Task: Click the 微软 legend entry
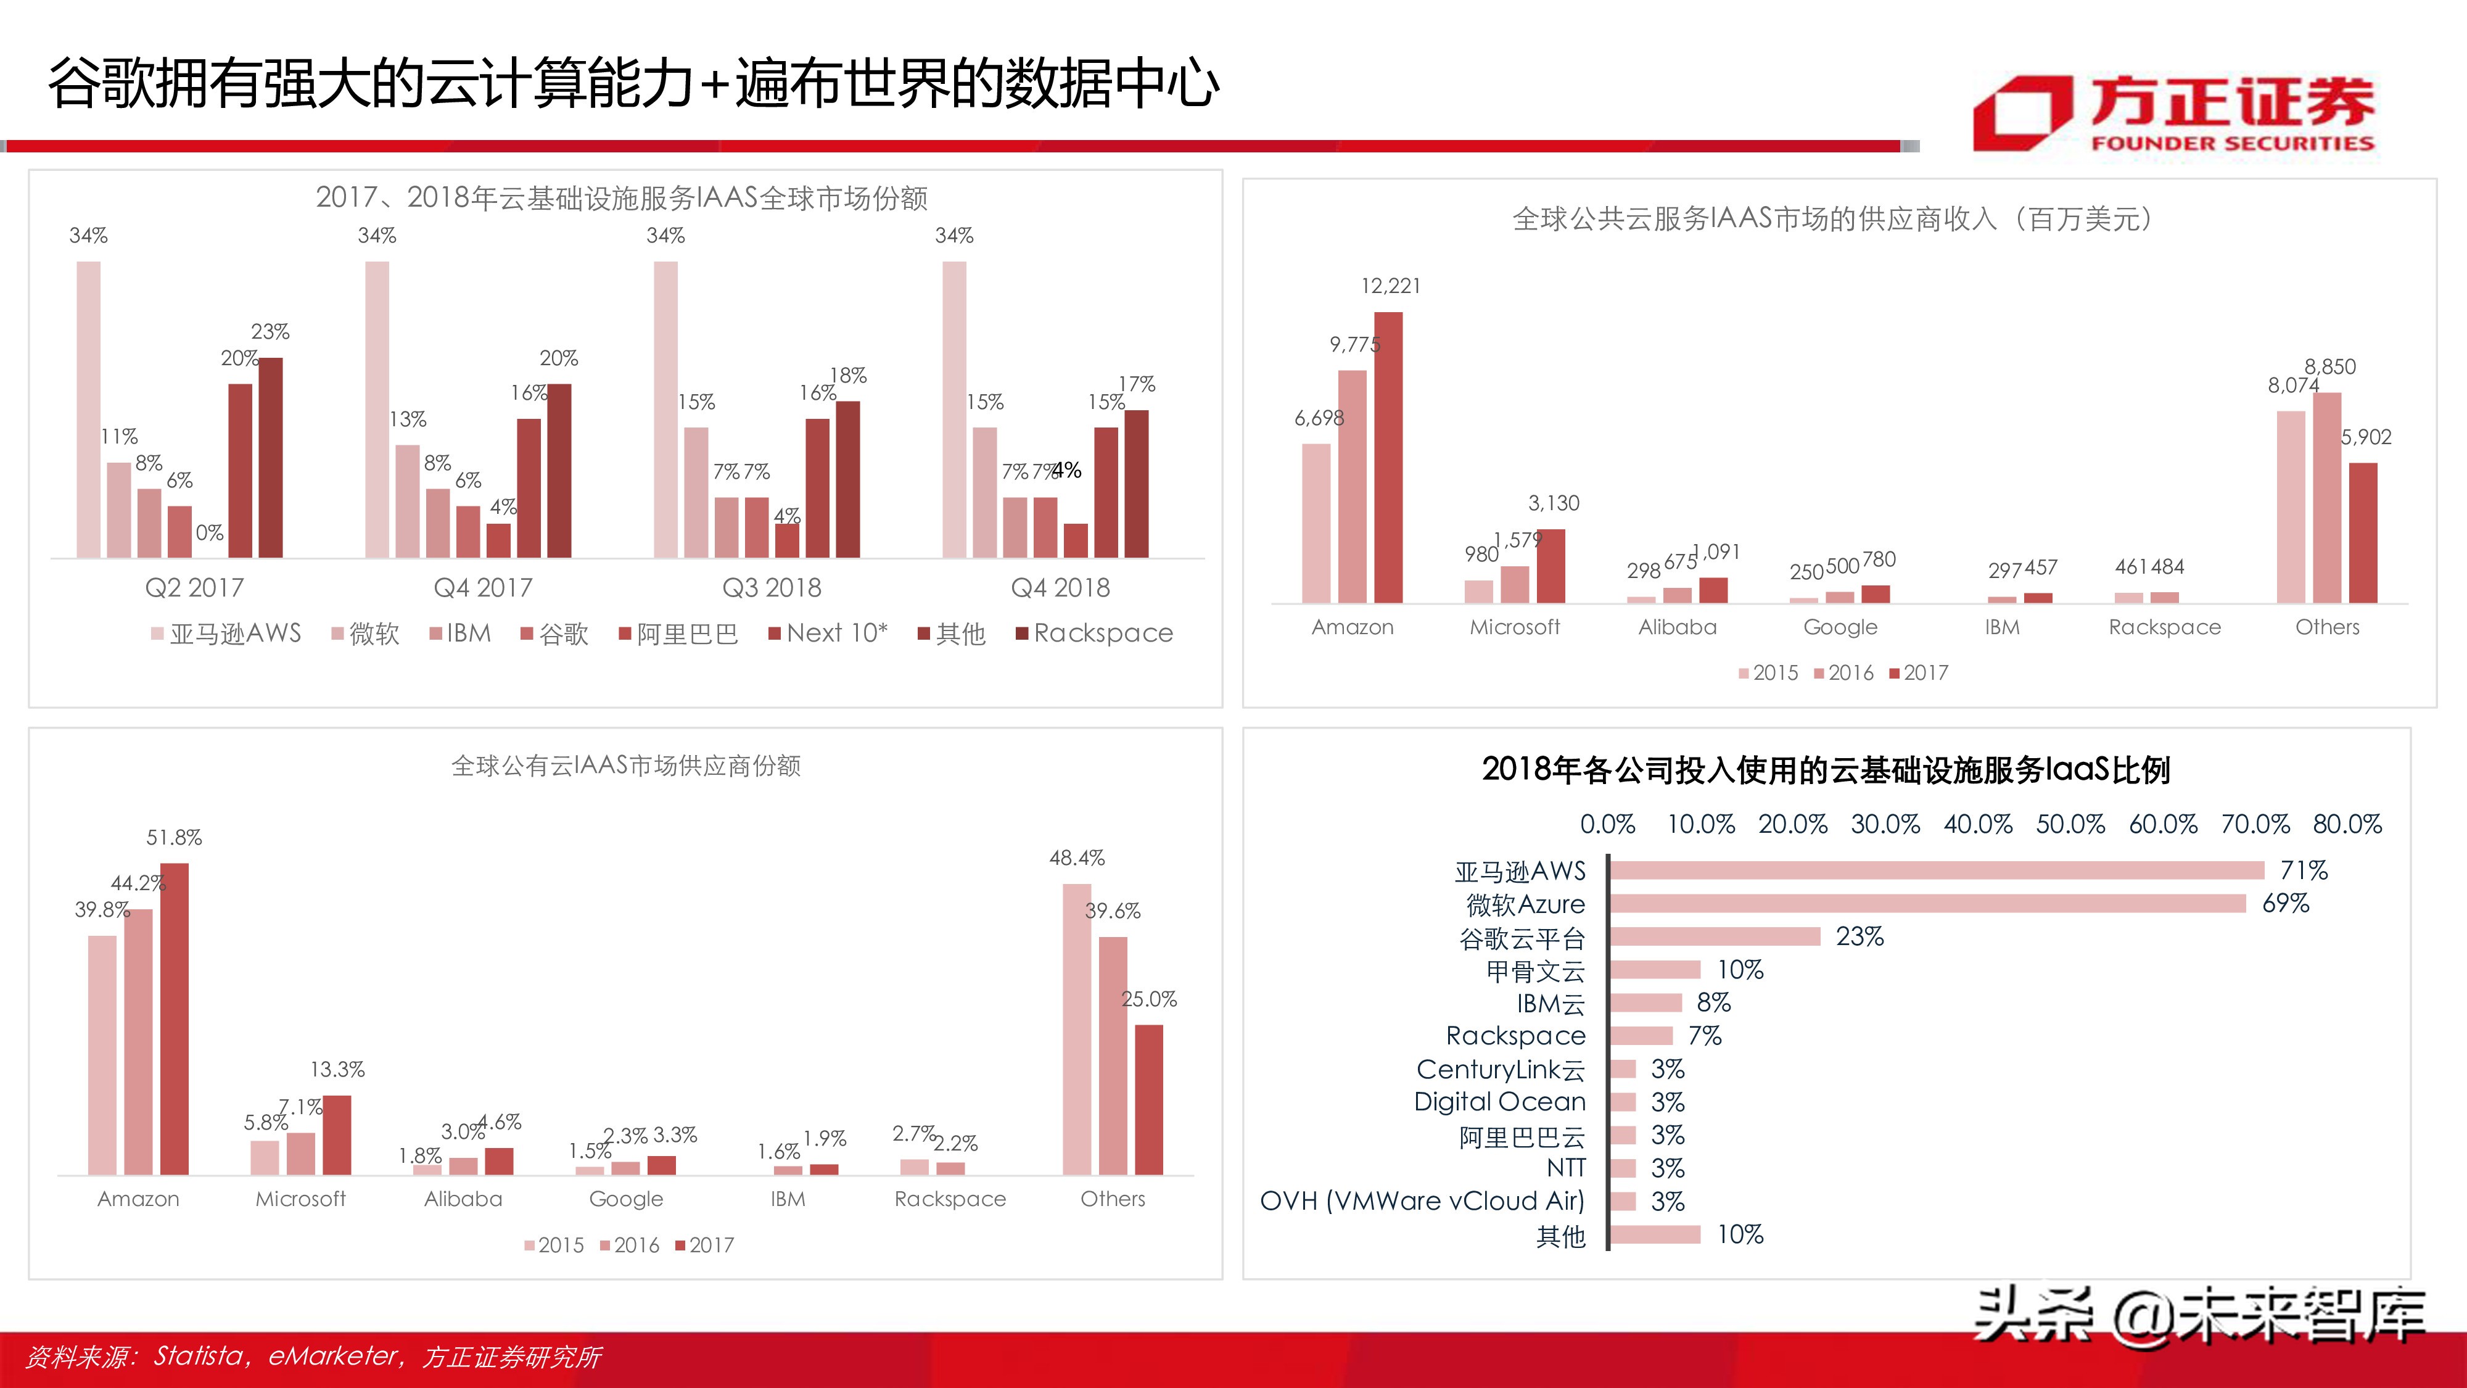(365, 633)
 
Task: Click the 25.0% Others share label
(1148, 999)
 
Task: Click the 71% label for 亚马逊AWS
(2303, 870)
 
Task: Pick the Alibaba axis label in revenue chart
(1677, 627)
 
